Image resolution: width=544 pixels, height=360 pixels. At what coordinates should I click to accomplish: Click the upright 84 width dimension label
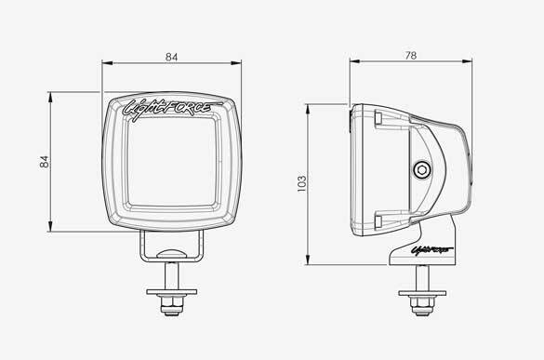pyautogui.click(x=171, y=57)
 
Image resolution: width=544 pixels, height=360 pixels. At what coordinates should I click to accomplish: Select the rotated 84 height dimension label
pyautogui.click(x=45, y=162)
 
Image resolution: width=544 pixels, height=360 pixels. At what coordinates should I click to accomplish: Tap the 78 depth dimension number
pyautogui.click(x=410, y=56)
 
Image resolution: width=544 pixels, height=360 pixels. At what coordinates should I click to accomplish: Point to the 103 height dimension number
pyautogui.click(x=302, y=183)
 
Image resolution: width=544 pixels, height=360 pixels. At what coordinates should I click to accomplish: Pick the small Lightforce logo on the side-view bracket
pyautogui.click(x=431, y=250)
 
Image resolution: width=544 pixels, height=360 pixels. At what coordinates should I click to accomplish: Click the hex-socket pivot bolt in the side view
pyautogui.click(x=422, y=170)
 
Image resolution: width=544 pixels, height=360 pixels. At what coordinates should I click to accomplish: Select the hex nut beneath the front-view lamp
pyautogui.click(x=172, y=304)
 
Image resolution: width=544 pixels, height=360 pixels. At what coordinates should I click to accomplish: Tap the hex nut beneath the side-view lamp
pyautogui.click(x=422, y=304)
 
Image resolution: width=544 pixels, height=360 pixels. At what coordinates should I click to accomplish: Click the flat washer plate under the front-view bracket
pyautogui.click(x=172, y=292)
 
